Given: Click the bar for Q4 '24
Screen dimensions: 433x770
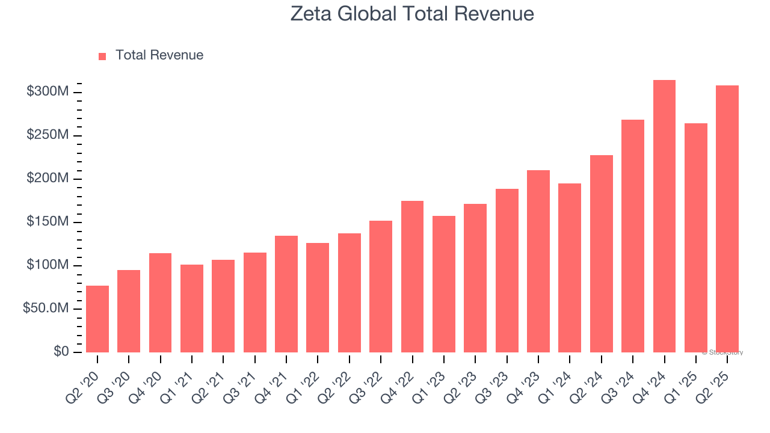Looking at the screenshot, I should pos(664,216).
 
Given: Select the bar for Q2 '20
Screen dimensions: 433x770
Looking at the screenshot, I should pos(97,319).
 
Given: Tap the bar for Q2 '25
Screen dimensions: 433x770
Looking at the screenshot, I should pos(727,219).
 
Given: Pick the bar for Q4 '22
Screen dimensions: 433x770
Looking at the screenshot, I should pos(412,277).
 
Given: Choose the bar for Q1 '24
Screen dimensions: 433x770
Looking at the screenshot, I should pos(570,268).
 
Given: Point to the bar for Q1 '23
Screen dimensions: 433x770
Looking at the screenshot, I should pos(444,284).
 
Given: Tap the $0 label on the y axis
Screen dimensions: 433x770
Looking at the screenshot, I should pos(61,352).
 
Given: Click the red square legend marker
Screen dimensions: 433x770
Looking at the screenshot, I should pos(102,56).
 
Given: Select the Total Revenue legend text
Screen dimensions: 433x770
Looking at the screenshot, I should pos(159,55).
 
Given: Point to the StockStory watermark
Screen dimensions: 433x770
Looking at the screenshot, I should pos(722,352).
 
